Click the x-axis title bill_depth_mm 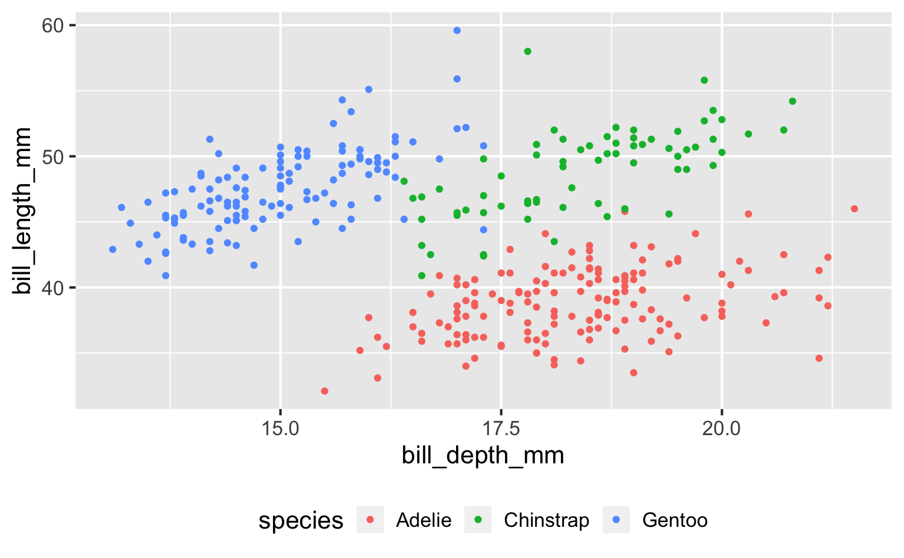pyautogui.click(x=483, y=456)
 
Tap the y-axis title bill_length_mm pyautogui.click(x=24, y=210)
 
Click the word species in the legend pyautogui.click(x=301, y=521)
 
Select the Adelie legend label pyautogui.click(x=424, y=520)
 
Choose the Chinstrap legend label pyautogui.click(x=546, y=520)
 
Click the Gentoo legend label pyautogui.click(x=674, y=520)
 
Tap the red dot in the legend pyautogui.click(x=370, y=520)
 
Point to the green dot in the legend pyautogui.click(x=478, y=520)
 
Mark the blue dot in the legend pyautogui.click(x=616, y=520)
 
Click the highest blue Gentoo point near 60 pyautogui.click(x=457, y=31)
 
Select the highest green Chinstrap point pyautogui.click(x=527, y=52)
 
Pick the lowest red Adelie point pyautogui.click(x=324, y=391)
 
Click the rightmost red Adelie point pyautogui.click(x=854, y=209)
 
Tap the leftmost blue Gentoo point pyautogui.click(x=112, y=249)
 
